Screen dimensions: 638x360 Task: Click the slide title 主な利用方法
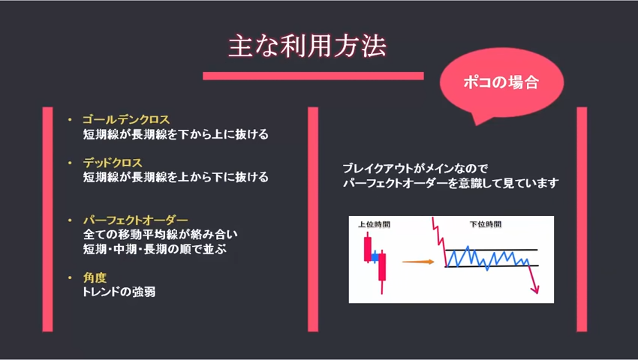click(x=307, y=46)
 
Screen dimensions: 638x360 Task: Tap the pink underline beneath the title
click(x=313, y=76)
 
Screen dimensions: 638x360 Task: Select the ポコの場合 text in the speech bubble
click(x=501, y=82)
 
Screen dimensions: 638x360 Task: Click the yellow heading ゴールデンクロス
click(x=126, y=119)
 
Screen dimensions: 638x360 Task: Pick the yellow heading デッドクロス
click(x=113, y=163)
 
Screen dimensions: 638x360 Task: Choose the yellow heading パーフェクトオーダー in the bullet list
click(x=136, y=220)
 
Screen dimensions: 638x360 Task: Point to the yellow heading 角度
click(x=95, y=277)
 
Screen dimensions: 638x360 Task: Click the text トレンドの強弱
click(x=119, y=292)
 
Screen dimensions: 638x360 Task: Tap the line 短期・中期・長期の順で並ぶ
click(x=155, y=249)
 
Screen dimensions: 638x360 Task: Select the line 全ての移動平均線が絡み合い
click(x=161, y=234)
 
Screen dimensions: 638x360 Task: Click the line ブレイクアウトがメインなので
click(x=415, y=169)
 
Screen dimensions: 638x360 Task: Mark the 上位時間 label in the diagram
click(x=374, y=224)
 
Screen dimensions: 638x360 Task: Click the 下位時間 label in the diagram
click(x=486, y=224)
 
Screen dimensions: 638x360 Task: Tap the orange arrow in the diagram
click(x=418, y=262)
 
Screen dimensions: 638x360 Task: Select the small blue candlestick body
click(x=375, y=257)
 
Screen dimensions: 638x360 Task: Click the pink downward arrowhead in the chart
click(x=535, y=289)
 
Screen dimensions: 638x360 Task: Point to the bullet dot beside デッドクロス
click(x=70, y=163)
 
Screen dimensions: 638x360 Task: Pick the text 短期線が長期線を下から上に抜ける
click(x=176, y=134)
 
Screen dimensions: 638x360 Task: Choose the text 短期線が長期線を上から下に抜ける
click(x=176, y=177)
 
